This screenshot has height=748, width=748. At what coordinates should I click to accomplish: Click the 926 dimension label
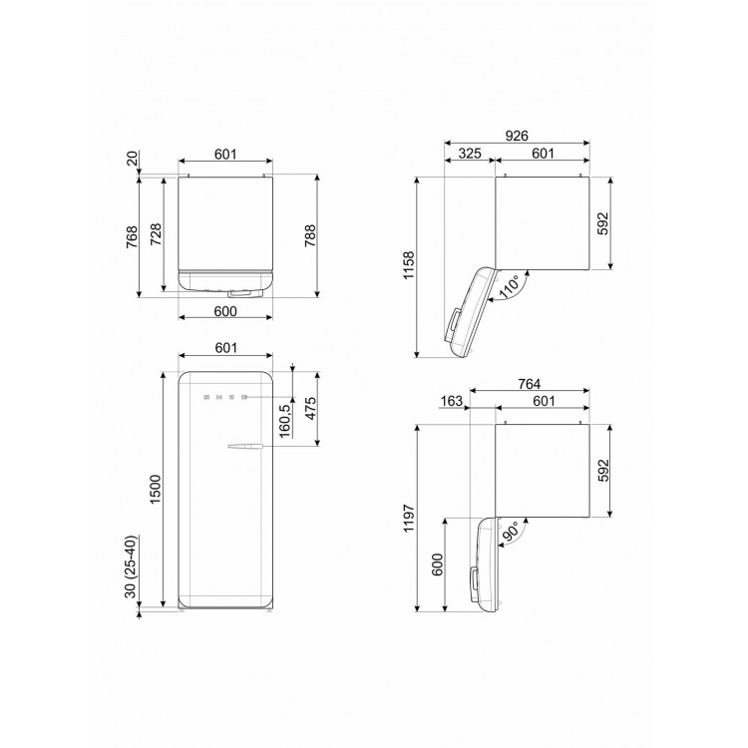click(517, 136)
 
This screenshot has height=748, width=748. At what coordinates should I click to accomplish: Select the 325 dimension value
click(470, 154)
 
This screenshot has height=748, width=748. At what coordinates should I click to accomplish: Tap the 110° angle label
click(510, 286)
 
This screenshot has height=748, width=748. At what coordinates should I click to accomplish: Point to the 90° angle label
click(510, 532)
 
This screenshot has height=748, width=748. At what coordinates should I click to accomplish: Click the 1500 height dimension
click(157, 489)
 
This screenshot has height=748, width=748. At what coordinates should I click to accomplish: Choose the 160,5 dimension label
click(285, 420)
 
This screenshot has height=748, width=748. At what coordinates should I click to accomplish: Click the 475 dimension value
click(310, 408)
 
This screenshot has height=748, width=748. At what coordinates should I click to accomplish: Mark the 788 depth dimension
click(310, 235)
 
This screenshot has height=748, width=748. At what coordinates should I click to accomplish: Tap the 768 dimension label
click(132, 236)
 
